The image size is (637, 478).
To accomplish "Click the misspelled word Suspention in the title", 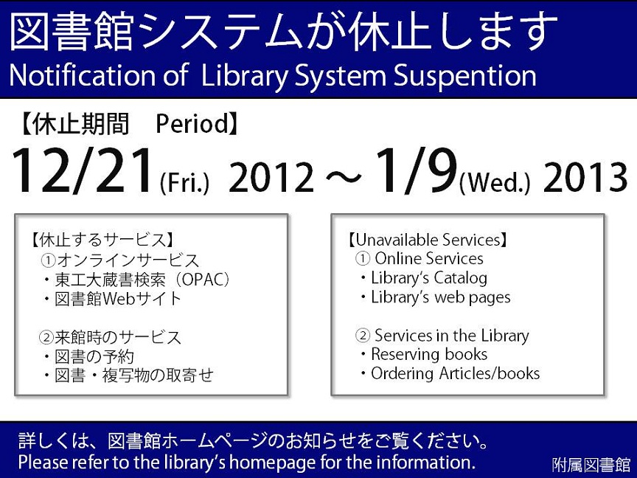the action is click(464, 76).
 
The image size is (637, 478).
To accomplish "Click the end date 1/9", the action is click(416, 170).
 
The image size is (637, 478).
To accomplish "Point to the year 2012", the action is click(271, 177).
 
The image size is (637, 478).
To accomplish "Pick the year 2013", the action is click(585, 177).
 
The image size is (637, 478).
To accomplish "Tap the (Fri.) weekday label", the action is click(184, 184).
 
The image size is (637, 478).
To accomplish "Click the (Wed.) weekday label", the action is click(495, 184).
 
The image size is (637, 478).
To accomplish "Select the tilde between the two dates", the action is click(344, 178).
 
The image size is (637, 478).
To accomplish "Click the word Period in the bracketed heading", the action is click(192, 124).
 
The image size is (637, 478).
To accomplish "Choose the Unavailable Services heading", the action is click(428, 240).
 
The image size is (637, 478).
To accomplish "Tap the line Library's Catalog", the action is click(429, 278).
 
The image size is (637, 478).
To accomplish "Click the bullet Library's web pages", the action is click(441, 297).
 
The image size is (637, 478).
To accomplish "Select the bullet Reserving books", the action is click(429, 354).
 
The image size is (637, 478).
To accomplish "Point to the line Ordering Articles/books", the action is click(456, 373).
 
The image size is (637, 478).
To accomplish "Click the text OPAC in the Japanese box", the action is click(203, 280).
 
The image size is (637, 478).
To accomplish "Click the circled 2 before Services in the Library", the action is click(363, 336).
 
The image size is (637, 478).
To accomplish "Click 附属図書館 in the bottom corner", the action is click(591, 465).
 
